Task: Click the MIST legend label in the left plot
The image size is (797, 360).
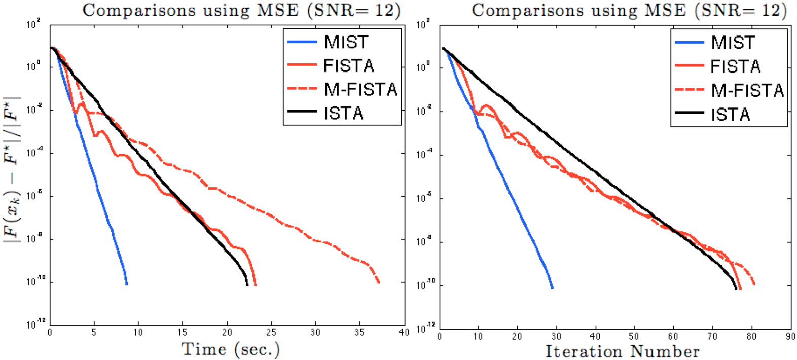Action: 346,42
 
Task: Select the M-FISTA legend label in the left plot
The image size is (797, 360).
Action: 360,89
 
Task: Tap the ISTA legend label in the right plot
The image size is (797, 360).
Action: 730,115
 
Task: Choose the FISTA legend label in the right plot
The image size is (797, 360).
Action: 735,66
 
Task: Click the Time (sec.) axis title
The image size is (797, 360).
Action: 231,349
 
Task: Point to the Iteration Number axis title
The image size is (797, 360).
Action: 622,351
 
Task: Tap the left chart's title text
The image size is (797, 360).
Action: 241,10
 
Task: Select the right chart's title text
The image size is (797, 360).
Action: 629,10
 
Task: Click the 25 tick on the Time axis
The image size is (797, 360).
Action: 271,333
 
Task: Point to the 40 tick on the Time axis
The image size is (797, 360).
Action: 404,333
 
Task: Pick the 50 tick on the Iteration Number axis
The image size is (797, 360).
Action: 634,336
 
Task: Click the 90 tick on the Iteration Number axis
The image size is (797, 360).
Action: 790,336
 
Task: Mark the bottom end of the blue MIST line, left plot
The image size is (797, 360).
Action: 126,284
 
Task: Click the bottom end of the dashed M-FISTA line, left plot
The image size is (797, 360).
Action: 379,282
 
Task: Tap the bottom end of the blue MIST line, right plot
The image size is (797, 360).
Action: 552,287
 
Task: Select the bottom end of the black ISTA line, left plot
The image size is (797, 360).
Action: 247,285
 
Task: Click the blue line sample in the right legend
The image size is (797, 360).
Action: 690,43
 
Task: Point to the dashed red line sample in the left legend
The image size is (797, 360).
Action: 302,89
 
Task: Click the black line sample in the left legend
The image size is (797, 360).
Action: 302,113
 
